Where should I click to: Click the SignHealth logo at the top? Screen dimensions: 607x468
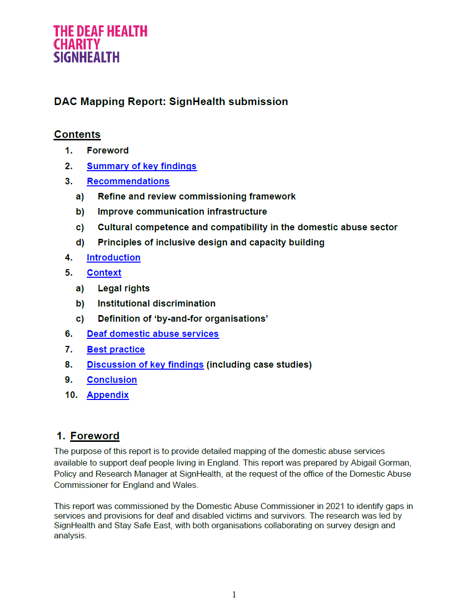tap(100, 44)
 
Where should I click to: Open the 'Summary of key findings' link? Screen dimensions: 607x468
tap(142, 166)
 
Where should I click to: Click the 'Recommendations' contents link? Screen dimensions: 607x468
tap(128, 181)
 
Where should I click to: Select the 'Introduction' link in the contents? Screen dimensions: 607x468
tap(113, 258)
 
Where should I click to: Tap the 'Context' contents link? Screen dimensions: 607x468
tap(104, 273)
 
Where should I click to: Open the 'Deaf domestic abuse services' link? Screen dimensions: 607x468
tap(153, 334)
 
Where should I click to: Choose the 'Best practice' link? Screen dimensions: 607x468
tap(115, 349)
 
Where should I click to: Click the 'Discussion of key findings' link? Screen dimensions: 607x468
tap(145, 365)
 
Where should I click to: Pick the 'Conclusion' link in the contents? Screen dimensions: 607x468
tap(112, 380)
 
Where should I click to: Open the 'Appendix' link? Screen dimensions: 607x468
tap(108, 395)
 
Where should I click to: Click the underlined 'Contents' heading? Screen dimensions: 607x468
tap(77, 134)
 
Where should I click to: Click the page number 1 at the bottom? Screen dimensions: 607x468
tap(234, 594)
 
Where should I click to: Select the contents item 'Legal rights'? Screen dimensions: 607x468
tap(124, 288)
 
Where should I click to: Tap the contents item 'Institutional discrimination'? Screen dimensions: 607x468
tap(156, 303)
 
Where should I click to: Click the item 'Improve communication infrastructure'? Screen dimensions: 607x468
tap(182, 212)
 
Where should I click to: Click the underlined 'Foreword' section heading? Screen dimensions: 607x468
tap(95, 436)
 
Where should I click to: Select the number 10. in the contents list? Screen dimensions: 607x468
tap(71, 395)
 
